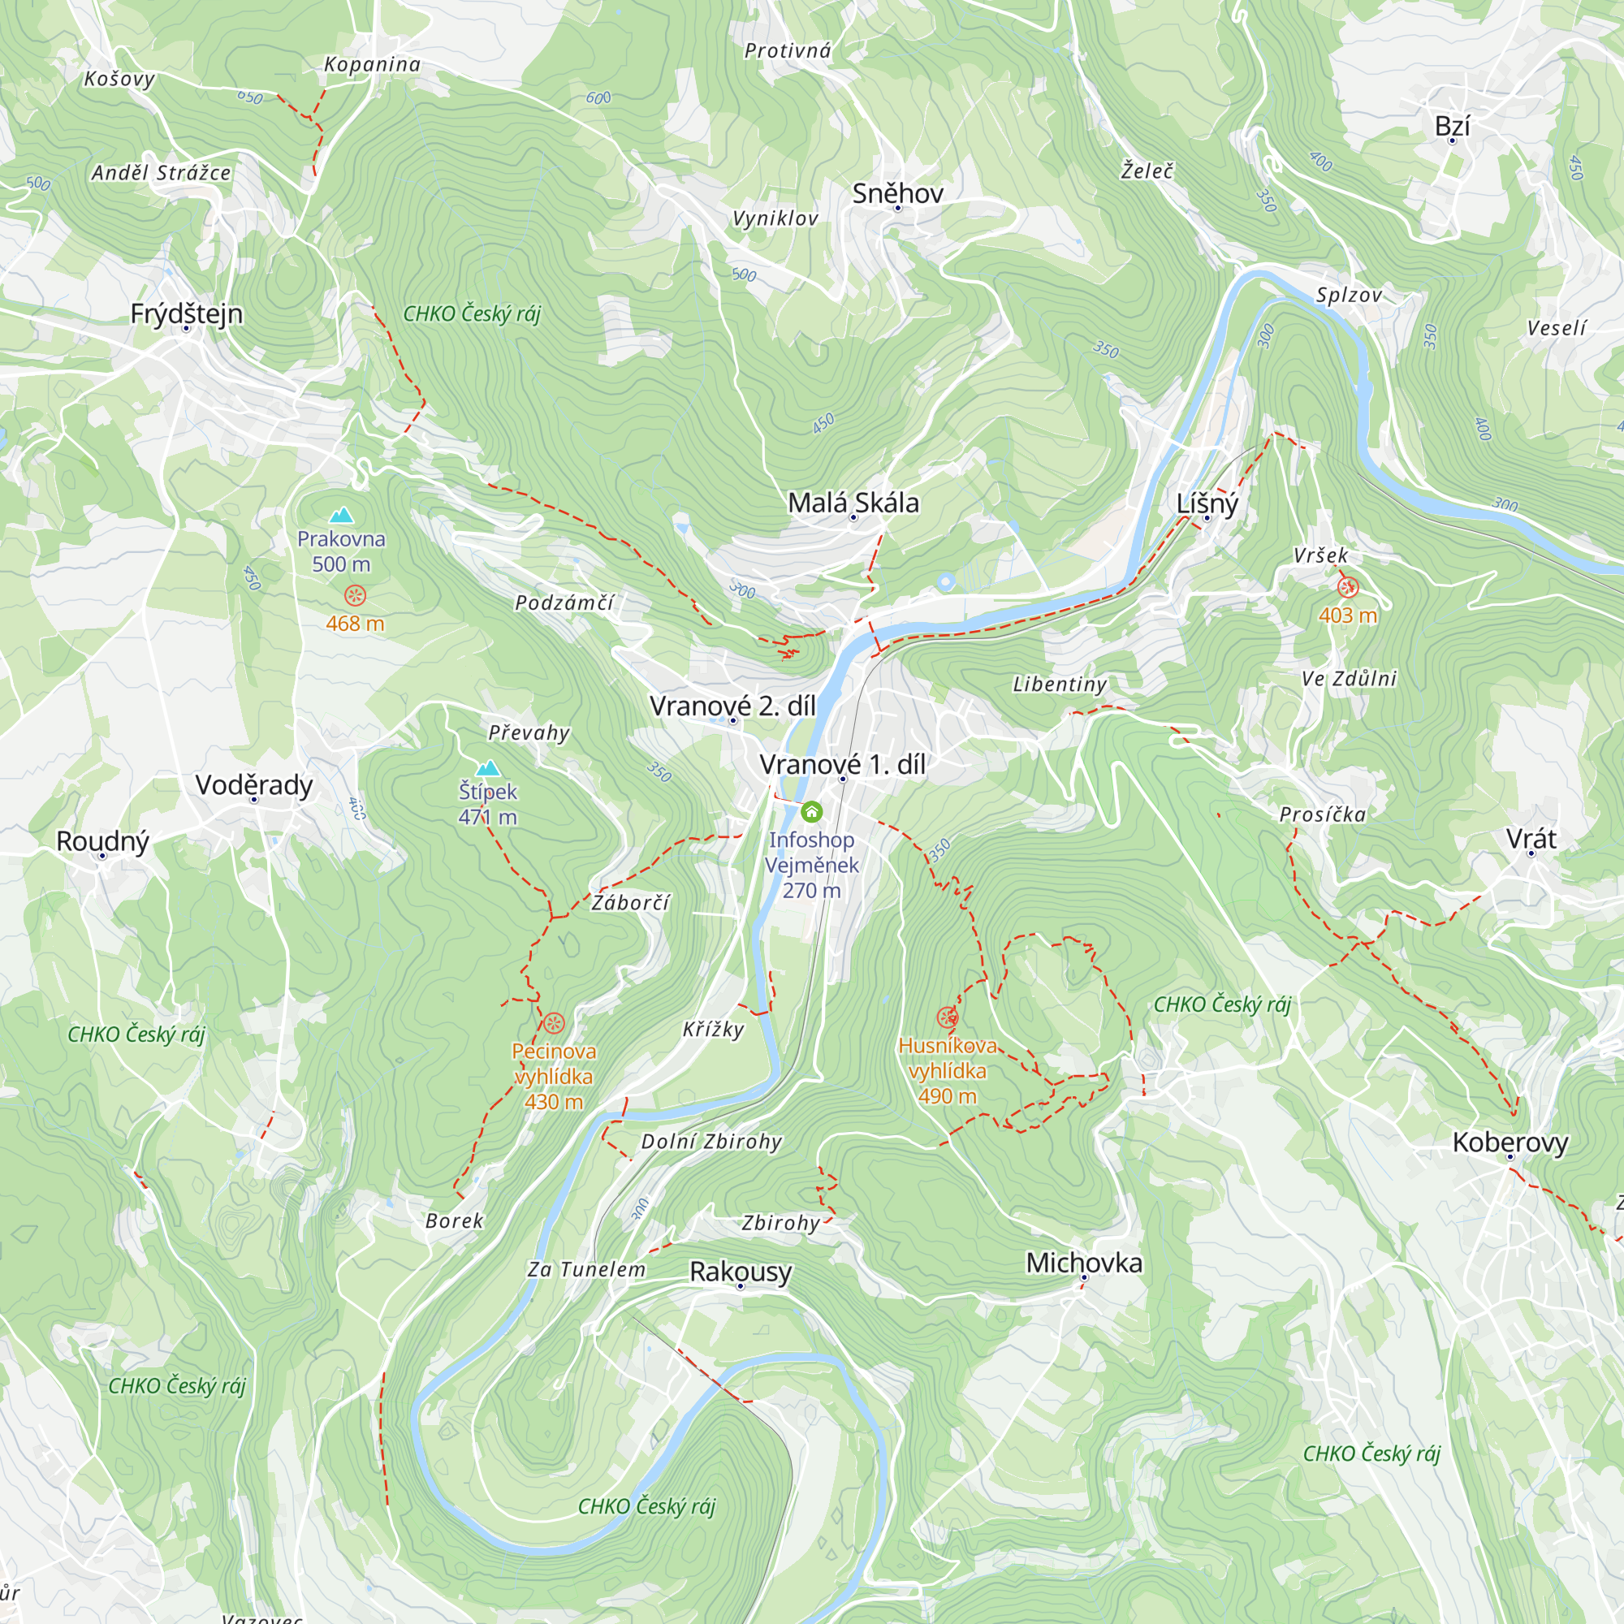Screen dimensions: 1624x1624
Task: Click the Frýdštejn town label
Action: (x=186, y=313)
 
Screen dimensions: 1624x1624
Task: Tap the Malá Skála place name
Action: (x=853, y=503)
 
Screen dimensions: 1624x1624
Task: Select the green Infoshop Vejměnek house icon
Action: (x=811, y=811)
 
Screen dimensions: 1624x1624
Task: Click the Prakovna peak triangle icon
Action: (x=340, y=516)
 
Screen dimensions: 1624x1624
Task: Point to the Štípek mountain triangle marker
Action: (x=487, y=768)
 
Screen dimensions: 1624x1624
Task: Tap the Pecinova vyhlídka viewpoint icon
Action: (x=553, y=1023)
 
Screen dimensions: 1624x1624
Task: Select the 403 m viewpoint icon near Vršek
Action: (x=1347, y=588)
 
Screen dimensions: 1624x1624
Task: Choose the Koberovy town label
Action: (x=1510, y=1142)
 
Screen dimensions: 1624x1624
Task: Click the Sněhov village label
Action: (x=897, y=193)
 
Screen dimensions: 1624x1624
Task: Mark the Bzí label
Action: (x=1452, y=126)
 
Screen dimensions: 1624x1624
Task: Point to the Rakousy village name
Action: (x=740, y=1271)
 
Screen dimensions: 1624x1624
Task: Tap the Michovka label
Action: (x=1083, y=1263)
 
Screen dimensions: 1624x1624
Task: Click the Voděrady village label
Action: (x=254, y=784)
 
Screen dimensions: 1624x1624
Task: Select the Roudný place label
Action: (x=102, y=840)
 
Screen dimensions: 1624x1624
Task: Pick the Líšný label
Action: (x=1207, y=503)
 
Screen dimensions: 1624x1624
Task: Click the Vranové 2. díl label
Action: (x=732, y=706)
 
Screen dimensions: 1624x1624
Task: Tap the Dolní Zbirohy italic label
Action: (x=711, y=1142)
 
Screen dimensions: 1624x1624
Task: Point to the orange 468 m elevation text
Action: (x=355, y=624)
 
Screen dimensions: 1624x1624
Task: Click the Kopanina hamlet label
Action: (x=372, y=65)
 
